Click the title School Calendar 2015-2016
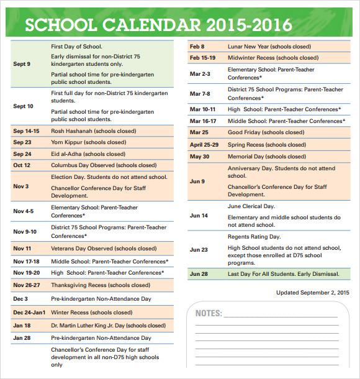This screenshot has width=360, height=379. (158, 24)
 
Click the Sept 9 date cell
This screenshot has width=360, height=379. (22, 64)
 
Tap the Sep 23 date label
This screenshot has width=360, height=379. (22, 142)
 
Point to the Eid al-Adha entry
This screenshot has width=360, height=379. (88, 154)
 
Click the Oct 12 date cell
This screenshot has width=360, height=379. (22, 165)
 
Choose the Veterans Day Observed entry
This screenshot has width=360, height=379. (104, 249)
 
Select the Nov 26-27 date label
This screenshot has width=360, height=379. (27, 285)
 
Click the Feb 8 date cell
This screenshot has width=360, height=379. (197, 47)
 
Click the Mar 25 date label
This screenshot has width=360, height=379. (199, 132)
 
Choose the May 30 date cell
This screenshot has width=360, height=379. (199, 156)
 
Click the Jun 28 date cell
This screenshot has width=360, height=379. (199, 274)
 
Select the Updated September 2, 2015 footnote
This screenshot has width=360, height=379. (312, 292)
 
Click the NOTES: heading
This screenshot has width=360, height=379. (209, 313)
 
